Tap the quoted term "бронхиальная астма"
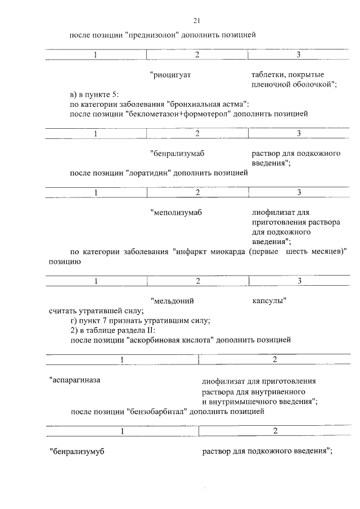(x=207, y=104)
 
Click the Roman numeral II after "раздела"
(x=158, y=330)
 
